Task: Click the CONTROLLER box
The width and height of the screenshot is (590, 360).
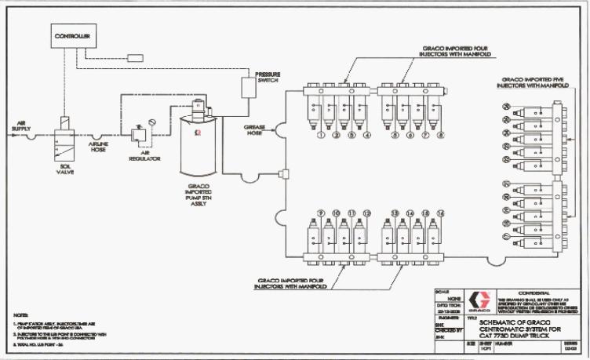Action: pos(72,36)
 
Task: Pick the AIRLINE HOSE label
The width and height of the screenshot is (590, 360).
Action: pos(98,148)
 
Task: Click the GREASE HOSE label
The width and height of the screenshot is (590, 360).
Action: pos(257,132)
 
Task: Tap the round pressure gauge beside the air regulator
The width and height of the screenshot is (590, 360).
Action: pos(150,123)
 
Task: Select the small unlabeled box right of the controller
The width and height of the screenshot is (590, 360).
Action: pos(135,57)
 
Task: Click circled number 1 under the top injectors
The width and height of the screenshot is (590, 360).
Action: pos(321,135)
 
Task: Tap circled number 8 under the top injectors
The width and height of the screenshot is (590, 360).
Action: pos(441,135)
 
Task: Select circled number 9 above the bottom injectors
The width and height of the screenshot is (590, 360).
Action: pos(321,213)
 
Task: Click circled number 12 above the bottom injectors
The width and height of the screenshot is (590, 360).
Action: pos(365,213)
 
